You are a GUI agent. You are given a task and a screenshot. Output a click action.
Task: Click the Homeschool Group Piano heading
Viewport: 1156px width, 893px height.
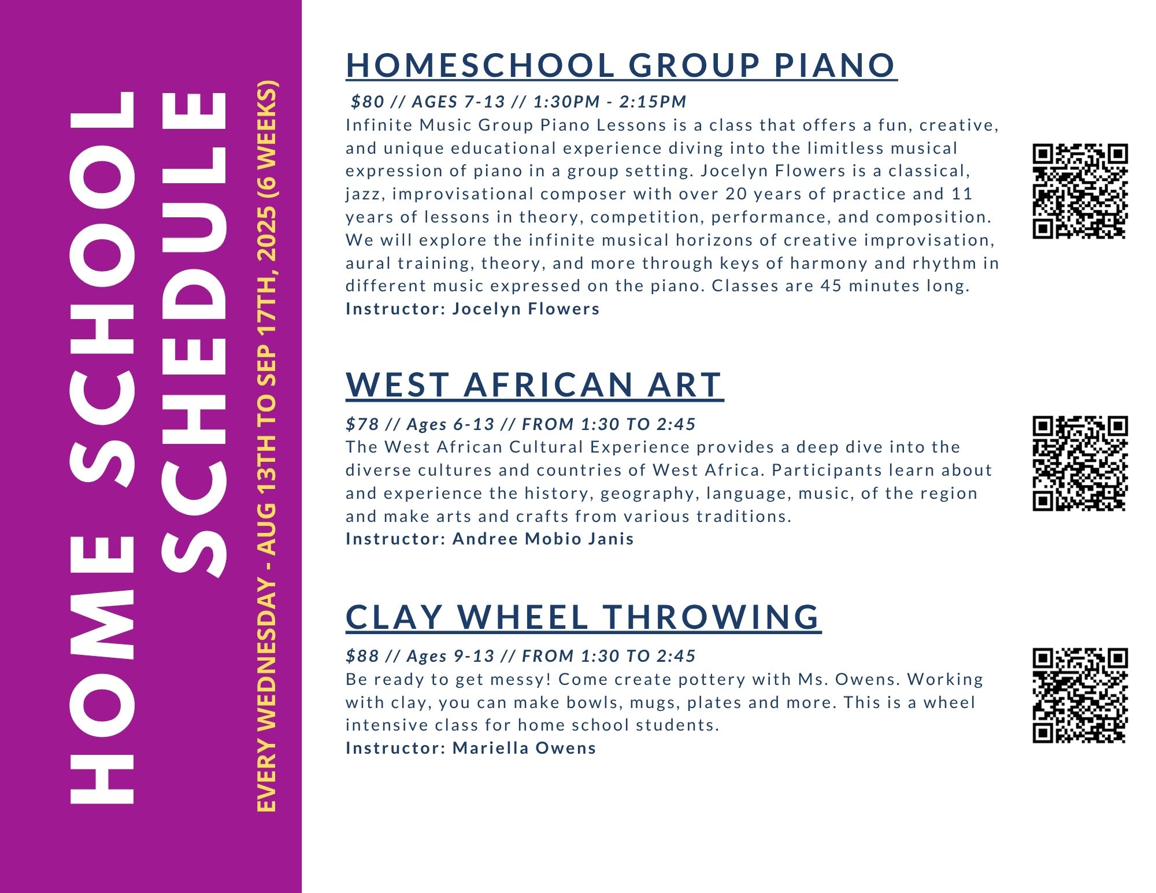point(621,65)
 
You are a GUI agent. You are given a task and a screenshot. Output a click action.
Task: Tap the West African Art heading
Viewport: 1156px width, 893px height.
point(535,385)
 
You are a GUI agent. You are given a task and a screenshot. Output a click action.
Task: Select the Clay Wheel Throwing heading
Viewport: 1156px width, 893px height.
point(583,617)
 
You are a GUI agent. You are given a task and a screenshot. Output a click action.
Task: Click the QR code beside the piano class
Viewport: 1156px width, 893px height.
point(1080,191)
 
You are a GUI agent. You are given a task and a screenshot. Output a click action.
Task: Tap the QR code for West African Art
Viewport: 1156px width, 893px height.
point(1080,464)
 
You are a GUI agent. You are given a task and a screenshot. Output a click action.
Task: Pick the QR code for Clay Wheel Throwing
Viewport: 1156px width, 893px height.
point(1080,695)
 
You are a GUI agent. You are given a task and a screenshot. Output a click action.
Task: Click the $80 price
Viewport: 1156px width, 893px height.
point(368,102)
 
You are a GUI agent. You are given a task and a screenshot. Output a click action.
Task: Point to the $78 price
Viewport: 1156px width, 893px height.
point(362,424)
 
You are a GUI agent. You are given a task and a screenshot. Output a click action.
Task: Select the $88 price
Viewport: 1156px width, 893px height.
point(362,656)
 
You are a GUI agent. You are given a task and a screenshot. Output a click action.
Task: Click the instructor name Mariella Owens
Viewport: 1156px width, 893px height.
point(524,748)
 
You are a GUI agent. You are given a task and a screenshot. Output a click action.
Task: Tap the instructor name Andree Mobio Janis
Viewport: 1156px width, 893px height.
point(543,539)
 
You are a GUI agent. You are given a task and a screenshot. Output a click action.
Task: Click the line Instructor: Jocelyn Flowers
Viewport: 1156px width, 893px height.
point(473,309)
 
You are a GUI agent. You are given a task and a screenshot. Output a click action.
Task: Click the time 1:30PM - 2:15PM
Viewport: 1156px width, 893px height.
point(610,102)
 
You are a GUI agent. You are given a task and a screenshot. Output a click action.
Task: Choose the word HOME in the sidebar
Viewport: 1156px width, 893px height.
point(102,670)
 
